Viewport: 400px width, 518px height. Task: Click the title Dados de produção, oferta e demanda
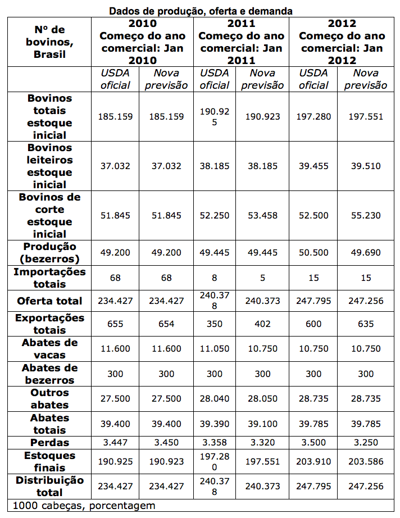tap(201, 11)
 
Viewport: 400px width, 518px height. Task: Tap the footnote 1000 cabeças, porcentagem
tap(84, 506)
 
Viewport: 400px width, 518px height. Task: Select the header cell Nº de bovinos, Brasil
tap(49, 41)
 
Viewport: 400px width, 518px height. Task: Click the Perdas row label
tap(49, 443)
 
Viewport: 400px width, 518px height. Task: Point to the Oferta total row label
tap(49, 301)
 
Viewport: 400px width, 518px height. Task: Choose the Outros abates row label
tap(49, 398)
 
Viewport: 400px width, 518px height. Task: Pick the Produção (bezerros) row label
tap(49, 253)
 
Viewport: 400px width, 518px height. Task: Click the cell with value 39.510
tap(366, 166)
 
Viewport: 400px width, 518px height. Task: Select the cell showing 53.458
tap(262, 215)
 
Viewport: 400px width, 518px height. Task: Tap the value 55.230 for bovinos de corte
tap(366, 215)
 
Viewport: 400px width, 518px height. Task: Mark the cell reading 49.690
tap(366, 253)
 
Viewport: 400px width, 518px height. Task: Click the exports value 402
tap(262, 324)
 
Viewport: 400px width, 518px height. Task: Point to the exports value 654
tap(166, 324)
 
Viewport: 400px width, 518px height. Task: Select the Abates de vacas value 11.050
tap(215, 348)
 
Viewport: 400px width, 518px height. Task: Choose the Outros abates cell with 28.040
tap(215, 398)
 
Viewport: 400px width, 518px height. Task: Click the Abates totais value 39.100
tap(262, 424)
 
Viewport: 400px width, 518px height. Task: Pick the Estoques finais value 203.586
tap(366, 461)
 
